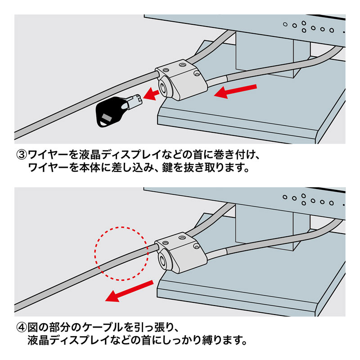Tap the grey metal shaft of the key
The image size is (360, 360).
click(135, 100)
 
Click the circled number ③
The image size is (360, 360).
click(22, 156)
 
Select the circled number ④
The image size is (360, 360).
click(22, 325)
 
